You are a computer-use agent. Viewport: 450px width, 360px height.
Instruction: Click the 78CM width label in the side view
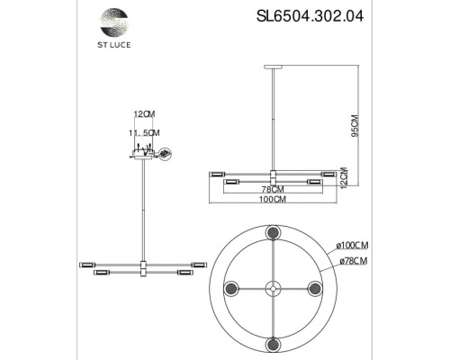273,189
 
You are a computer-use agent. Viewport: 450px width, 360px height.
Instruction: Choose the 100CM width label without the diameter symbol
273,201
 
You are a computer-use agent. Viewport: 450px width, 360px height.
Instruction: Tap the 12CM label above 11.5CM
144,114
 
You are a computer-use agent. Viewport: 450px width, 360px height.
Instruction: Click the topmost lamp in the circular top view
274,233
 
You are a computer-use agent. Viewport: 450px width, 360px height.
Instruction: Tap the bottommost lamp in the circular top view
274,345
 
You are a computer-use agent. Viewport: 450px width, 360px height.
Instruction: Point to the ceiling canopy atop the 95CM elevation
274,67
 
